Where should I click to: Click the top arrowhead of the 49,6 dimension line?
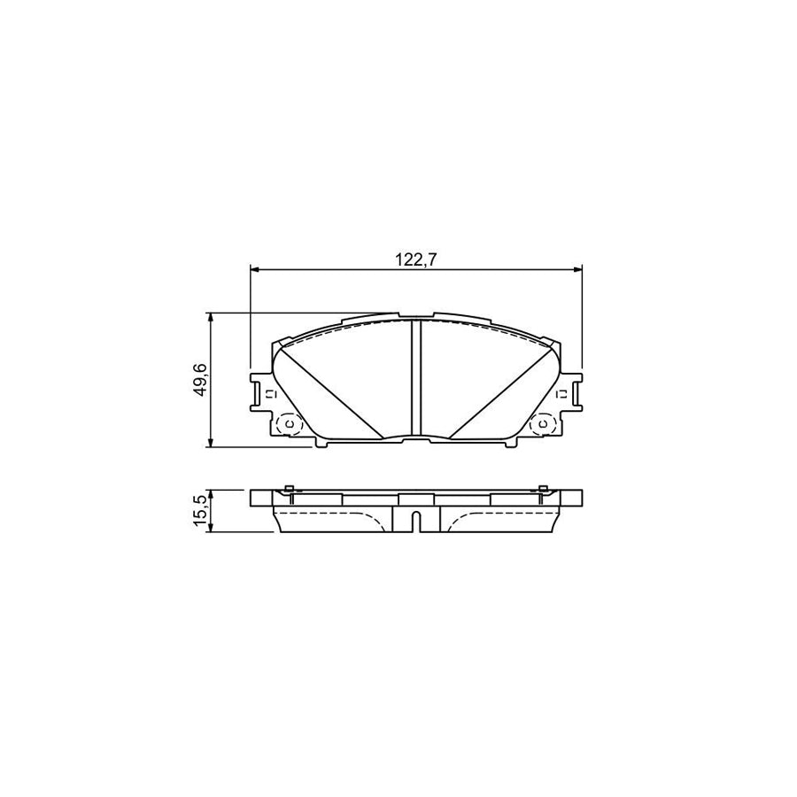(211, 317)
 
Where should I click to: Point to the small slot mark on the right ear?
(561, 392)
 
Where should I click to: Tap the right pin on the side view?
(542, 489)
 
